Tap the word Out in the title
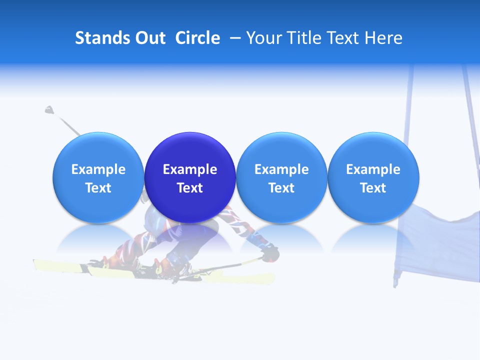149,38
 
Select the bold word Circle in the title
197,38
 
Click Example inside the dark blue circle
190,169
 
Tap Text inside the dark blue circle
190,188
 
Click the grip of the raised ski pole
49,109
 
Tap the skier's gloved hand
270,252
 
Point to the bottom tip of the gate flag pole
395,284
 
